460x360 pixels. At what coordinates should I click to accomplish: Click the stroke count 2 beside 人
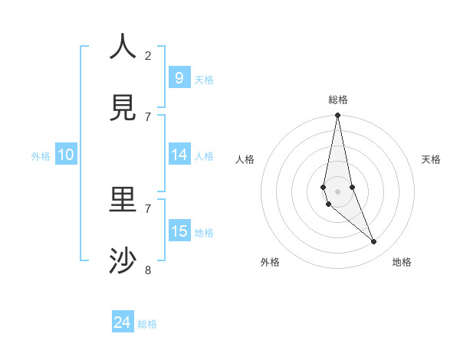click(x=148, y=56)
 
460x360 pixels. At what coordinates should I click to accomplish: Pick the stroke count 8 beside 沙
click(x=148, y=270)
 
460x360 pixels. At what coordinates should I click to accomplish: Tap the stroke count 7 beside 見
click(x=148, y=116)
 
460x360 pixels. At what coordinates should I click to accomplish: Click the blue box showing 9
click(x=179, y=77)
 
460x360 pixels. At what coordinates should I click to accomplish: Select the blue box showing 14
click(x=179, y=155)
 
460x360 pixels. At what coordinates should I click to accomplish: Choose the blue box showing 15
click(x=179, y=231)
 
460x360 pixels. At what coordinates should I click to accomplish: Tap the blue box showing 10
click(x=66, y=155)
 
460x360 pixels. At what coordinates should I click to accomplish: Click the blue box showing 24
click(x=123, y=322)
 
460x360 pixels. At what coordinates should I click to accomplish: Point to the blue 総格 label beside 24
click(x=147, y=324)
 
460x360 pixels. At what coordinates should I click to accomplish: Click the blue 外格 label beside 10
click(x=41, y=156)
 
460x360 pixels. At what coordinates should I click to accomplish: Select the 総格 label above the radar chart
click(x=338, y=100)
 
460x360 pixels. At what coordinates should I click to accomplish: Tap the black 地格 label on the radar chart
click(x=402, y=262)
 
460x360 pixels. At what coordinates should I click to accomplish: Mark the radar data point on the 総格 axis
click(x=337, y=116)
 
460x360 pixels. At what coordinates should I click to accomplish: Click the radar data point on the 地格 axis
click(x=374, y=242)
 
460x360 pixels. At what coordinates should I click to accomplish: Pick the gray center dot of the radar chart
click(x=337, y=191)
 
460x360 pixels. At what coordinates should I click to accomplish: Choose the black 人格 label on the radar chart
click(x=245, y=159)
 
